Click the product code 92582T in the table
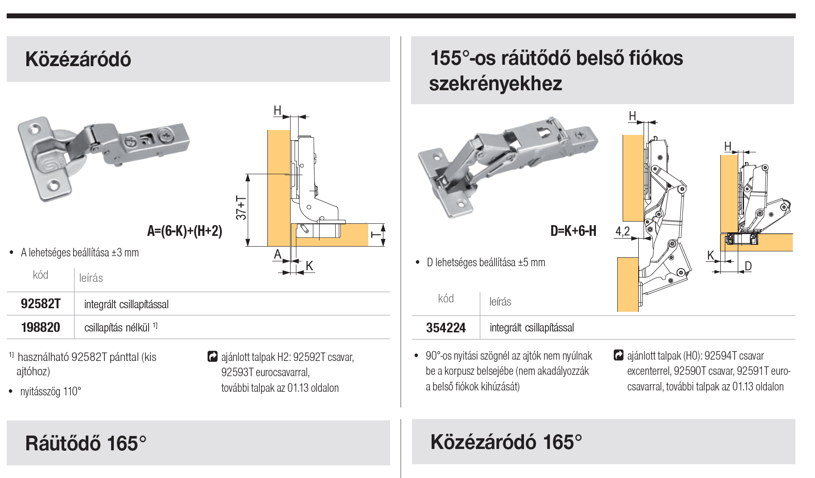[41, 304]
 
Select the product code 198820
[41, 327]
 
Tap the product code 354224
[445, 328]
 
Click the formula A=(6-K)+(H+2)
[185, 231]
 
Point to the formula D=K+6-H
[573, 231]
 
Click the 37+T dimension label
[241, 208]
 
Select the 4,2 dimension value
[622, 231]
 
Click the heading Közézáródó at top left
[78, 59]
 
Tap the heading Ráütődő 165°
[86, 443]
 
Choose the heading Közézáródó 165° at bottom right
[506, 442]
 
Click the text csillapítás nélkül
[117, 328]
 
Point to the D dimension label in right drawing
[748, 266]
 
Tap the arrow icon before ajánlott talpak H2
[213, 357]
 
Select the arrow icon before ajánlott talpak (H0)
[619, 355]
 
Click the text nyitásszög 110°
[50, 392]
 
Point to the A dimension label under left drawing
[278, 255]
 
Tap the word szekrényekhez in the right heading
[495, 84]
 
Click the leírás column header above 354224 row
[500, 302]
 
